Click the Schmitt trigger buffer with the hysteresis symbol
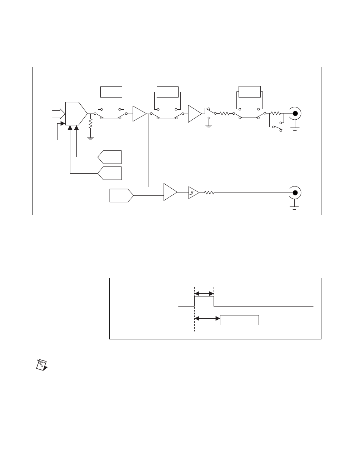193,193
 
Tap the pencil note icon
42,365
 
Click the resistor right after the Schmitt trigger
209,193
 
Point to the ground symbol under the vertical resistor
91,138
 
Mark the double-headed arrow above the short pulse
204,294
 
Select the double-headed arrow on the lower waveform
207,318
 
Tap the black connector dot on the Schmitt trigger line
295,193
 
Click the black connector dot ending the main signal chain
295,114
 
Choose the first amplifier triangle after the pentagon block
139,114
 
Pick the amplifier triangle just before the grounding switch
194,114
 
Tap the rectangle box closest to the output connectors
249,92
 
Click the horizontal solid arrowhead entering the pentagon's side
62,124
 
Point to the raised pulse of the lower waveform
239,316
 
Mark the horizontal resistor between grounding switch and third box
224,114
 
